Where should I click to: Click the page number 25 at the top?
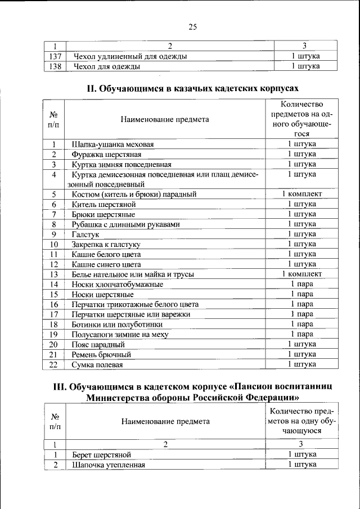(x=192, y=27)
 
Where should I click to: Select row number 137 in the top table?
(x=55, y=56)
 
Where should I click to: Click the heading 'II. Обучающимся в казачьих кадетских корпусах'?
(x=192, y=89)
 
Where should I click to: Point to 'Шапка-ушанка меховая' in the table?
(x=112, y=145)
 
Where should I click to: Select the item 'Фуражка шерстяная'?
(x=106, y=154)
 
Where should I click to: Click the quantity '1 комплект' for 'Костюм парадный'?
(x=301, y=194)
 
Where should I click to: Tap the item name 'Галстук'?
(x=84, y=234)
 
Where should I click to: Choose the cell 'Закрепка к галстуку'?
(x=106, y=244)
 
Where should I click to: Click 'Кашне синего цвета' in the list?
(x=106, y=264)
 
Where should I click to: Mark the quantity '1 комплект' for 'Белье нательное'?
(x=301, y=274)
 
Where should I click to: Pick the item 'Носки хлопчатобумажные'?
(x=114, y=284)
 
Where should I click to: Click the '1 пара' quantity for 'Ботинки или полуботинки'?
(x=301, y=324)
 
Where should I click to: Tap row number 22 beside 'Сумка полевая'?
(x=54, y=364)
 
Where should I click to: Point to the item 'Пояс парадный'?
(x=98, y=344)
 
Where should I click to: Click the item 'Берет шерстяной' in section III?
(x=101, y=454)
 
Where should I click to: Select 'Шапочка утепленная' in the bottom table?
(x=108, y=465)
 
